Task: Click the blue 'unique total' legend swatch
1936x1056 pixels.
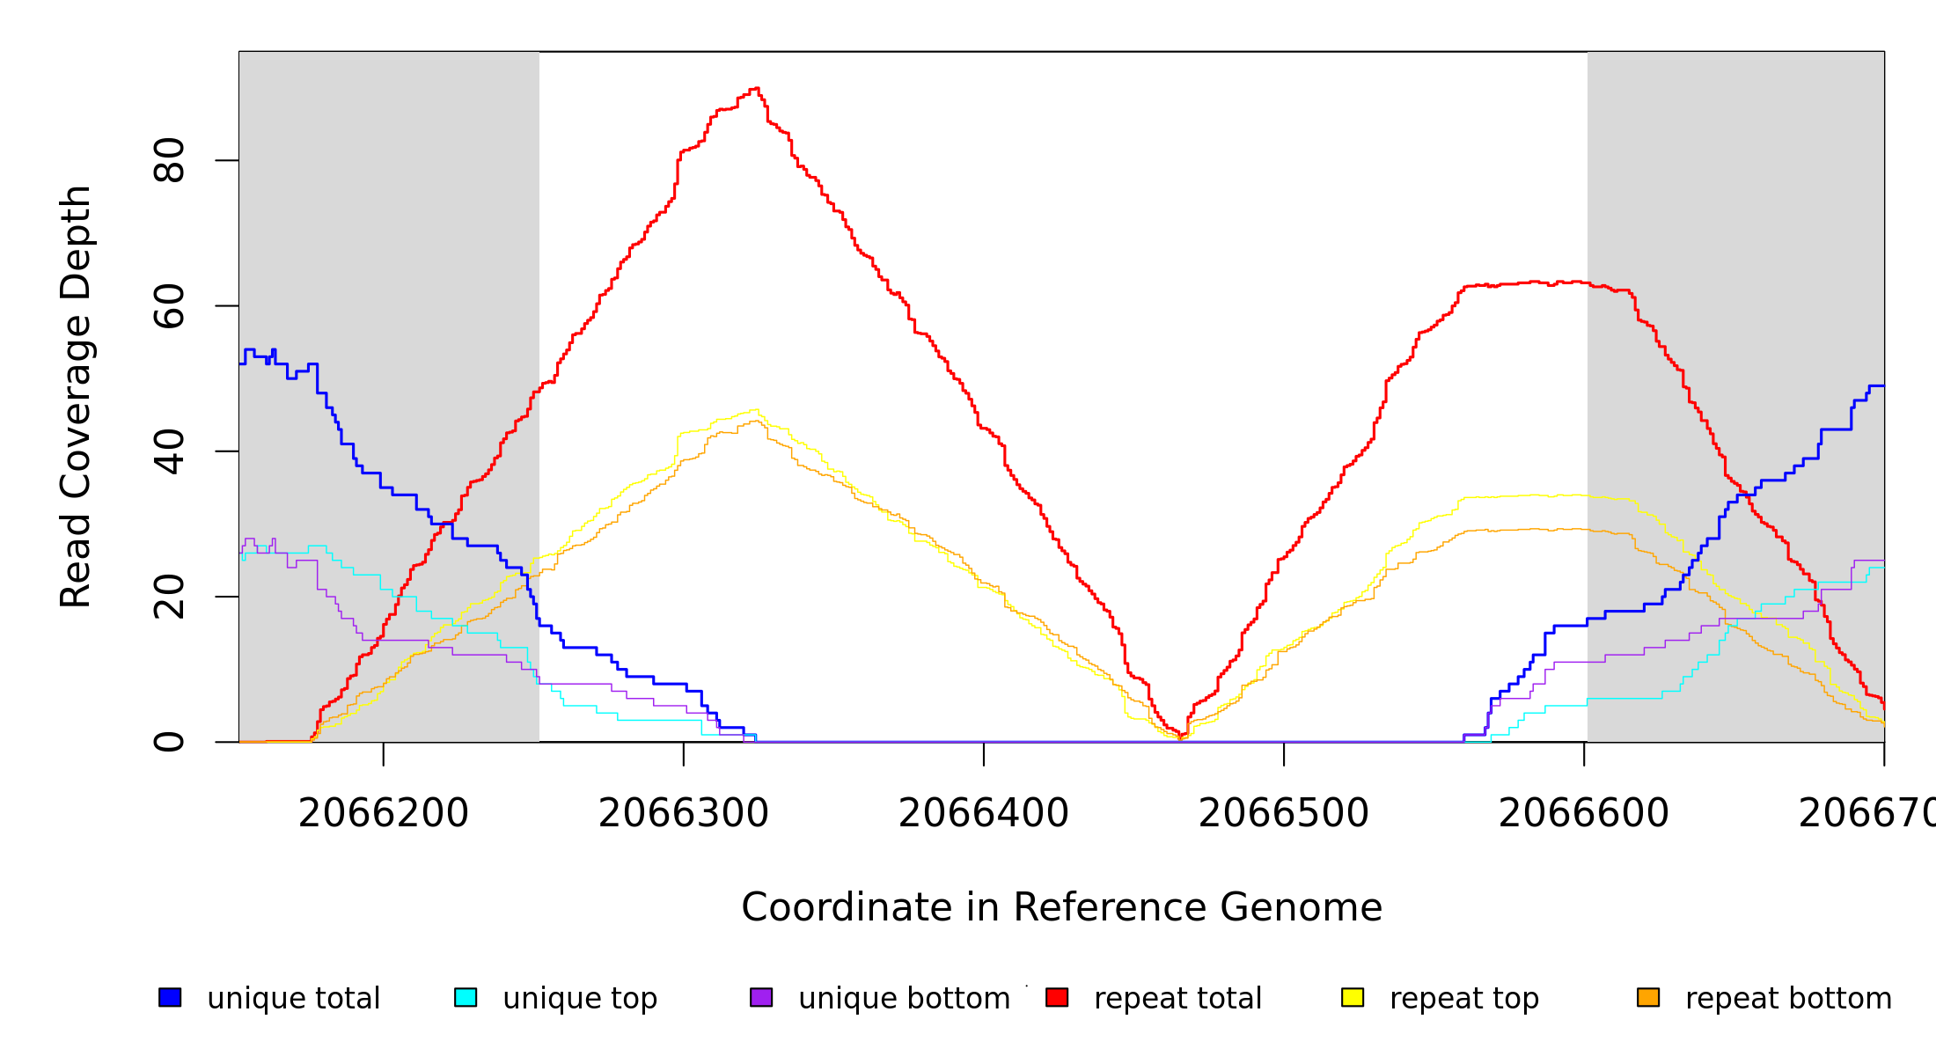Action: (170, 997)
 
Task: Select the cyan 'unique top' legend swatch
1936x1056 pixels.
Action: (466, 997)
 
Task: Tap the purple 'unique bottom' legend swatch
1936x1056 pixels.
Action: (761, 997)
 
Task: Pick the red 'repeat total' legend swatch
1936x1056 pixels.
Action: (1057, 997)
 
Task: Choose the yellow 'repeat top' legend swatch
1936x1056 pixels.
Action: (1353, 997)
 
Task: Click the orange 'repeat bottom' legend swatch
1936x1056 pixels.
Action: (1648, 997)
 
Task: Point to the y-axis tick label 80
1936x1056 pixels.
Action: (169, 160)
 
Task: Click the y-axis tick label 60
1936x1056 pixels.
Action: (169, 306)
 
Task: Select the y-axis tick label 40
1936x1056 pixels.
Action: (169, 451)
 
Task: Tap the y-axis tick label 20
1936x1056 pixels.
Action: (169, 597)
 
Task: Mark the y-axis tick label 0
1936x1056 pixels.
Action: (169, 742)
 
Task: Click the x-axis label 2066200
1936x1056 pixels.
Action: (384, 813)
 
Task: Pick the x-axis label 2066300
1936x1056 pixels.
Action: (684, 813)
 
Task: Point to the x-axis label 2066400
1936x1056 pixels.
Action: (984, 813)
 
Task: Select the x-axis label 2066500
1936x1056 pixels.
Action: (1284, 813)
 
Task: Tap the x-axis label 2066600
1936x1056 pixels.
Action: (1584, 813)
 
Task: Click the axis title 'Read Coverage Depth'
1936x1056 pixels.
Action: (76, 396)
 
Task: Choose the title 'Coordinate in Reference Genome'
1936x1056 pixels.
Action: (1061, 907)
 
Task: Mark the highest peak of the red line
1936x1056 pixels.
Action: (755, 89)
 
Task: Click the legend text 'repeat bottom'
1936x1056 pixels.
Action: (1788, 998)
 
